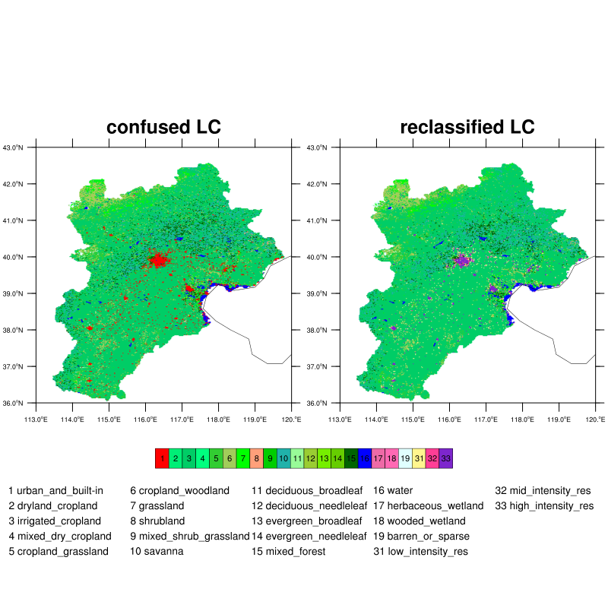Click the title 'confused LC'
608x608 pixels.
[163, 127]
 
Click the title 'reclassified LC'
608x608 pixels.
[467, 127]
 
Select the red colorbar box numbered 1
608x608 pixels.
[162, 458]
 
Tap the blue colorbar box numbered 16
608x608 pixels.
[365, 458]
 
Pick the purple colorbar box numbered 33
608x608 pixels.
[446, 458]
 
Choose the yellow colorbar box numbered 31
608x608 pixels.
[419, 458]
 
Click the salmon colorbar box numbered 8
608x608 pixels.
[257, 458]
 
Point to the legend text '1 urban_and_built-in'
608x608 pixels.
[55, 491]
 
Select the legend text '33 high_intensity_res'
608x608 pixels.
[544, 506]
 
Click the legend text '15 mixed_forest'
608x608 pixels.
[288, 552]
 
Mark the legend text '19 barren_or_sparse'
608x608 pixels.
[421, 537]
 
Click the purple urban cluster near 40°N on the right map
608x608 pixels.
[461, 260]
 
